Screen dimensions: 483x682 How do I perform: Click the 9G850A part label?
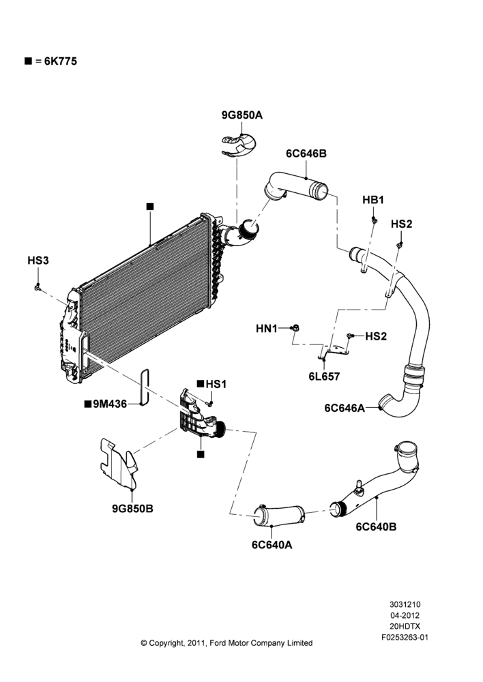242,115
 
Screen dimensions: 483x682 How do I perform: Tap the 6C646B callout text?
306,153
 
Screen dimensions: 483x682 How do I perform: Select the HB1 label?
373,200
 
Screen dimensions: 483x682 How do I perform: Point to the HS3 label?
38,261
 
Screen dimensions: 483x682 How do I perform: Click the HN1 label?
266,329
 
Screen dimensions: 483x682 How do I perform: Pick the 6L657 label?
324,376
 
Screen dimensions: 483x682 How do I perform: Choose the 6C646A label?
345,408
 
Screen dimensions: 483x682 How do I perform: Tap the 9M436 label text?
110,404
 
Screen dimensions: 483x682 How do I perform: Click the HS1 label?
216,384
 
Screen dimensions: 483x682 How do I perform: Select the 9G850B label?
133,509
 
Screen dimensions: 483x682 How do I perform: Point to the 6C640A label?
272,544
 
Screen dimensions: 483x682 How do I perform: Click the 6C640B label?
377,527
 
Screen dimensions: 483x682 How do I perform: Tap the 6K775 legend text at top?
61,61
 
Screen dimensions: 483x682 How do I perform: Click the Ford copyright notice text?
226,643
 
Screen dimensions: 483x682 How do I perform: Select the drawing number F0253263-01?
405,638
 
